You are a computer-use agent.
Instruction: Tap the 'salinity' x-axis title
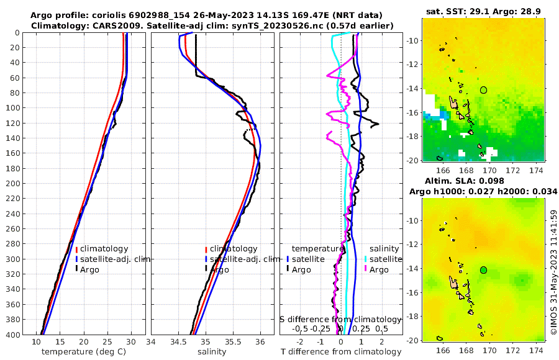point(211,352)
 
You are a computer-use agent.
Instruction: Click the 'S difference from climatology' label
point(340,319)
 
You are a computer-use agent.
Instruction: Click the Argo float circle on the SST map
point(484,89)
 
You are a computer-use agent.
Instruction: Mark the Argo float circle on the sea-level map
point(484,269)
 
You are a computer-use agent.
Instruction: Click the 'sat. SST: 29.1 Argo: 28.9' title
point(484,11)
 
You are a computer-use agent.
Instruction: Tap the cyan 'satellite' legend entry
point(383,259)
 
